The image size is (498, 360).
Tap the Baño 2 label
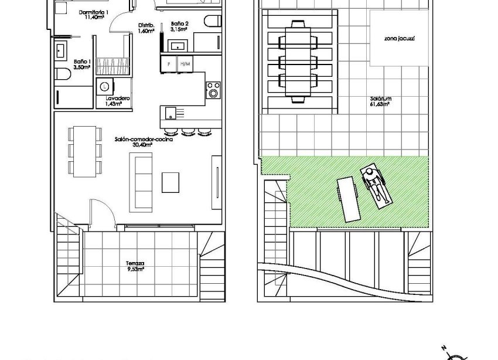179,26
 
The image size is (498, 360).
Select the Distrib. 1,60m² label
146,28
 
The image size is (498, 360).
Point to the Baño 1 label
82,64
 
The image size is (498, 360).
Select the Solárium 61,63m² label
380,101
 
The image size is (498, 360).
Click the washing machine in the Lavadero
104,86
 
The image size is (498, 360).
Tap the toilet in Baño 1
62,74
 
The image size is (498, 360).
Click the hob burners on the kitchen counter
213,89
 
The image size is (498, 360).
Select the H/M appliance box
185,63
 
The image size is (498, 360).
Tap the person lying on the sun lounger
375,184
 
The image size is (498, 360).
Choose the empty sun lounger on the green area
347,199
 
